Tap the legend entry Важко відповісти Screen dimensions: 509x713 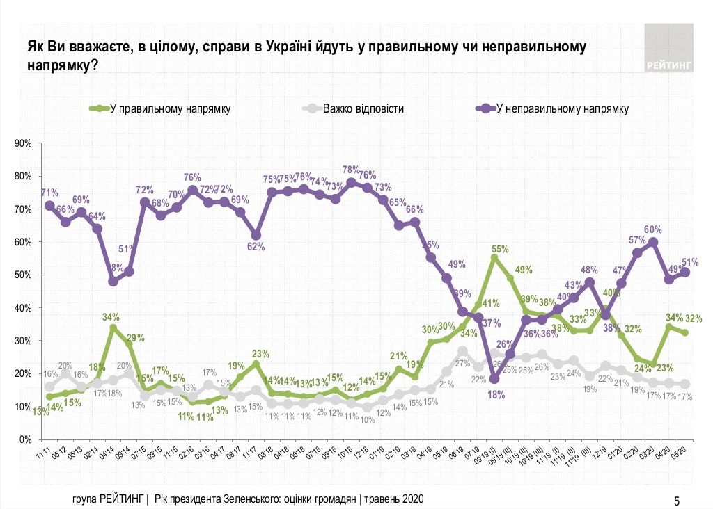click(363, 108)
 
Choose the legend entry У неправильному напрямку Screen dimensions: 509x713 click(563, 108)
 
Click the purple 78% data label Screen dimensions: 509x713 click(350, 170)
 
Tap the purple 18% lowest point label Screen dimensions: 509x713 click(494, 395)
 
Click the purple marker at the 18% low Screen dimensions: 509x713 click(494, 379)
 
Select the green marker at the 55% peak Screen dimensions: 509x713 click(494, 258)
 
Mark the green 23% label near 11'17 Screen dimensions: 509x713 click(260, 353)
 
